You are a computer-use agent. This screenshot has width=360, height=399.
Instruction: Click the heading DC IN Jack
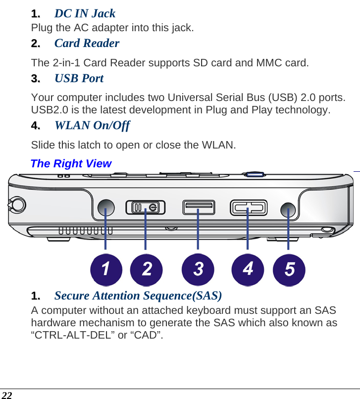click(85, 13)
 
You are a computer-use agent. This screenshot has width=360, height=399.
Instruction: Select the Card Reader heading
click(87, 43)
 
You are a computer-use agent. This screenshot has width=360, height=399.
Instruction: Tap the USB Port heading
click(79, 78)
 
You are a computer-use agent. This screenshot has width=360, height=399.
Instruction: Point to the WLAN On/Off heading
click(92, 125)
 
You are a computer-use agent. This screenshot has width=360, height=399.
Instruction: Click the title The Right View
click(71, 163)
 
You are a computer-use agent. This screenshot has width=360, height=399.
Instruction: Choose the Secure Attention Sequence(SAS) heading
click(138, 296)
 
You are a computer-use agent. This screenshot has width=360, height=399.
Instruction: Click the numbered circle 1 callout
click(106, 270)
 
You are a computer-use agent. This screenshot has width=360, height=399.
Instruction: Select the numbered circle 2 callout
click(147, 270)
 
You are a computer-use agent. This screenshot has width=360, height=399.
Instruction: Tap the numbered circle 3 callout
click(198, 270)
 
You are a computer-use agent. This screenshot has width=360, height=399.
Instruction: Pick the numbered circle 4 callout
click(248, 270)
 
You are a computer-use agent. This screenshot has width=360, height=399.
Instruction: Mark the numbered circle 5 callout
click(289, 270)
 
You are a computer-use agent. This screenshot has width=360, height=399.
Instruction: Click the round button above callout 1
click(106, 207)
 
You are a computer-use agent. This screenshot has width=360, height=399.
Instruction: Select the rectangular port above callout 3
click(198, 207)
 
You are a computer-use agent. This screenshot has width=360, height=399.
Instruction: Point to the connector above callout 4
click(248, 208)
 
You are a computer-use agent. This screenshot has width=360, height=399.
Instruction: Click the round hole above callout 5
click(288, 208)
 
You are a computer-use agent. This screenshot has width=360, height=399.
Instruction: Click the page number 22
click(6, 395)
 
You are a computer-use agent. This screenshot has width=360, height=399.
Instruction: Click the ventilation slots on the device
click(85, 231)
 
